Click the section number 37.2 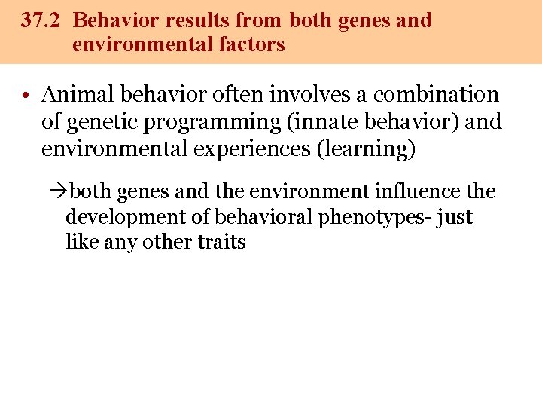(x=41, y=20)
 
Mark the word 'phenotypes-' (x=365, y=218)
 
